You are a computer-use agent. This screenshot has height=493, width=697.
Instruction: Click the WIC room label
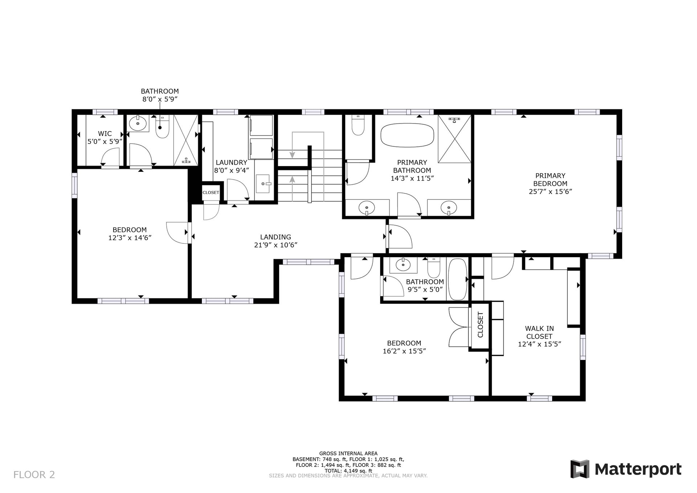pyautogui.click(x=105, y=134)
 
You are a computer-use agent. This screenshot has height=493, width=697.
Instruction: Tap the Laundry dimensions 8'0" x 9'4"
pyautogui.click(x=231, y=170)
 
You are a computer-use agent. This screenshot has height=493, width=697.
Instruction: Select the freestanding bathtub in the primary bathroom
pyautogui.click(x=407, y=135)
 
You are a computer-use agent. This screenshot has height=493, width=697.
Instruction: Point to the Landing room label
pyautogui.click(x=276, y=237)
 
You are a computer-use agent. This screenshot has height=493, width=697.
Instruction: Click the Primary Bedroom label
pyautogui.click(x=550, y=179)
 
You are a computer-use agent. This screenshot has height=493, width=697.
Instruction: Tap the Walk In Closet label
pyautogui.click(x=539, y=332)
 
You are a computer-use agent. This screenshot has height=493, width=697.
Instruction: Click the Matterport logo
pyautogui.click(x=626, y=469)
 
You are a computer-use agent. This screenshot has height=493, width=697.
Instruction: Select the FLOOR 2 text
pyautogui.click(x=34, y=474)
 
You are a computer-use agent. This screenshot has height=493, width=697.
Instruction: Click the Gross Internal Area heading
pyautogui.click(x=348, y=453)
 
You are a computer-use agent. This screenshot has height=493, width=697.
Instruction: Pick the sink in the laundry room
pyautogui.click(x=264, y=183)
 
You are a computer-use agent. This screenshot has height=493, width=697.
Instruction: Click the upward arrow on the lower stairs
pyautogui.click(x=292, y=189)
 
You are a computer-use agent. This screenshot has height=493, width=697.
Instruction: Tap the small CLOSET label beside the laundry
pyautogui.click(x=211, y=193)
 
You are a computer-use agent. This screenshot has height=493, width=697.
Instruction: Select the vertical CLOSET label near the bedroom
pyautogui.click(x=480, y=324)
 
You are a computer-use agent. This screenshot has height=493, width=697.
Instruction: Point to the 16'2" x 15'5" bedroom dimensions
pyautogui.click(x=404, y=351)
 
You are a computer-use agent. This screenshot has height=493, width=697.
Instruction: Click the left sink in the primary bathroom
pyautogui.click(x=366, y=208)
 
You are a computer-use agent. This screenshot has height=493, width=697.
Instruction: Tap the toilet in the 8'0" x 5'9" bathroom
pyautogui.click(x=162, y=126)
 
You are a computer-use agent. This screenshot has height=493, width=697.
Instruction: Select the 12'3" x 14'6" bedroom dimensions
pyautogui.click(x=130, y=238)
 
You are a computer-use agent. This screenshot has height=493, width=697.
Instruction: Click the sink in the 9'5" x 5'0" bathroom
pyautogui.click(x=403, y=265)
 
